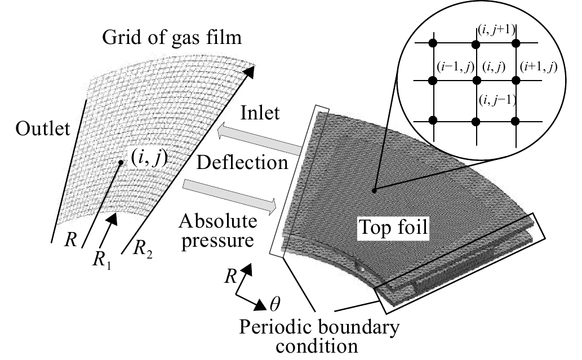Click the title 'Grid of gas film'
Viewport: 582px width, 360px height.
(172, 37)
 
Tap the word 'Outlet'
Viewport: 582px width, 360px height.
(43, 128)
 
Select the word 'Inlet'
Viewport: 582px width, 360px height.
(260, 113)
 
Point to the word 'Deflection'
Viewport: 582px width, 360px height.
(242, 162)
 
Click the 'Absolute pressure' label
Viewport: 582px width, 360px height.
(218, 231)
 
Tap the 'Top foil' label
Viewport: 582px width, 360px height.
(394, 226)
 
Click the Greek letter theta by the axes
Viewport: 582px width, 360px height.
(275, 305)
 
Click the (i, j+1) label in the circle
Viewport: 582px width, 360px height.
(496, 29)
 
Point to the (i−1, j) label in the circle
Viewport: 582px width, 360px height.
(455, 67)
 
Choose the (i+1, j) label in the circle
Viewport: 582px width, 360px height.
(538, 67)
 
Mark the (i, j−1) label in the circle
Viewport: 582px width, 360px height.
(497, 100)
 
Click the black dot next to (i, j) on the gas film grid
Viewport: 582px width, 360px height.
(121, 163)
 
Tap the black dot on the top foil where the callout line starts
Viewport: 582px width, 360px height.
(375, 190)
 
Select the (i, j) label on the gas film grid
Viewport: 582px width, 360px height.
(149, 158)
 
